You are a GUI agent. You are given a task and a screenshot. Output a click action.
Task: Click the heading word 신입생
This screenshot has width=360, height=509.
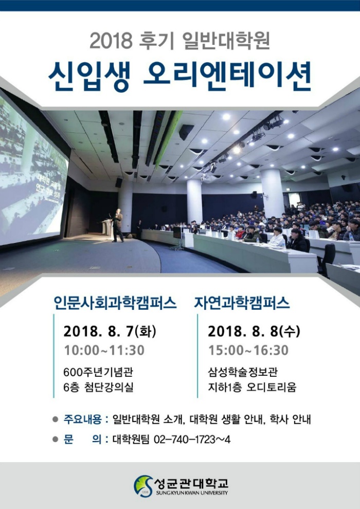pos(89,76)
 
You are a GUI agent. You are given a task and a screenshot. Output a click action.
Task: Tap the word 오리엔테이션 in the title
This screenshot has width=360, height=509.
pos(227,76)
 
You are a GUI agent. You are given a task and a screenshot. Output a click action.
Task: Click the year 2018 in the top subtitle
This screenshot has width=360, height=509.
pos(111,41)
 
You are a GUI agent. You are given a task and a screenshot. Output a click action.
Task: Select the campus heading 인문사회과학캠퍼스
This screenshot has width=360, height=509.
pos(115,303)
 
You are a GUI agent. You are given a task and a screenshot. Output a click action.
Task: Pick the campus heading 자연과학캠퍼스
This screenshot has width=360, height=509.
pos(242,303)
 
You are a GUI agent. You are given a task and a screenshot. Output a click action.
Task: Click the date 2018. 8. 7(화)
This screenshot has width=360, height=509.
pos(110,331)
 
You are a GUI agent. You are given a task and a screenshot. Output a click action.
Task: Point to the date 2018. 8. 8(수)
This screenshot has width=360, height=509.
pos(254,331)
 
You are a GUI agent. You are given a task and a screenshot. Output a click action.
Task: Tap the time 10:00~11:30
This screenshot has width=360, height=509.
pos(104,350)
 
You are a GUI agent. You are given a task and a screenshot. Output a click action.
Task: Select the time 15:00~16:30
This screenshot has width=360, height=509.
pos(248,350)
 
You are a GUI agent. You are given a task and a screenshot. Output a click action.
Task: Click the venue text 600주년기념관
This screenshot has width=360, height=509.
pos(98,372)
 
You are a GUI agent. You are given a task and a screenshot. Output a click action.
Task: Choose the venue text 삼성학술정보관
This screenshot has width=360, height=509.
pos(243,372)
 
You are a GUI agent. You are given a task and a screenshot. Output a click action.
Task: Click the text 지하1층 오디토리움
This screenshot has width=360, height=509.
pos(252,387)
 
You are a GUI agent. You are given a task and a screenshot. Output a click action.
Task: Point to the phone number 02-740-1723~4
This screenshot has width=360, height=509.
pos(192,440)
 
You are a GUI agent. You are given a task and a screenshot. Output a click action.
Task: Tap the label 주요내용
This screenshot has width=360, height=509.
pos(83,419)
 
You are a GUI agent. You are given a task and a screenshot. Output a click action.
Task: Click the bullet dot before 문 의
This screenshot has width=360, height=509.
pos(55,440)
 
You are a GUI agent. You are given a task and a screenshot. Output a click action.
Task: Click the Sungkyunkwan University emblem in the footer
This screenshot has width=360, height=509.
pos(143,486)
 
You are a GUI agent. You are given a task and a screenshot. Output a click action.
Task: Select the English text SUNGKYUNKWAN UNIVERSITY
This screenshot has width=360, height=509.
pos(192,493)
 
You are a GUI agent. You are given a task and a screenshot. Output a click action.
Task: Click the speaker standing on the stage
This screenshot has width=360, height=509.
pos(117,225)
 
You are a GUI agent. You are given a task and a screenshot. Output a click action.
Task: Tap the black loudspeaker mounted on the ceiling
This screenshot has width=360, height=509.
pos(186,132)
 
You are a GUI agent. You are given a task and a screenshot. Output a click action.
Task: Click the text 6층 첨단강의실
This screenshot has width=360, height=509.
pos(99,387)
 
